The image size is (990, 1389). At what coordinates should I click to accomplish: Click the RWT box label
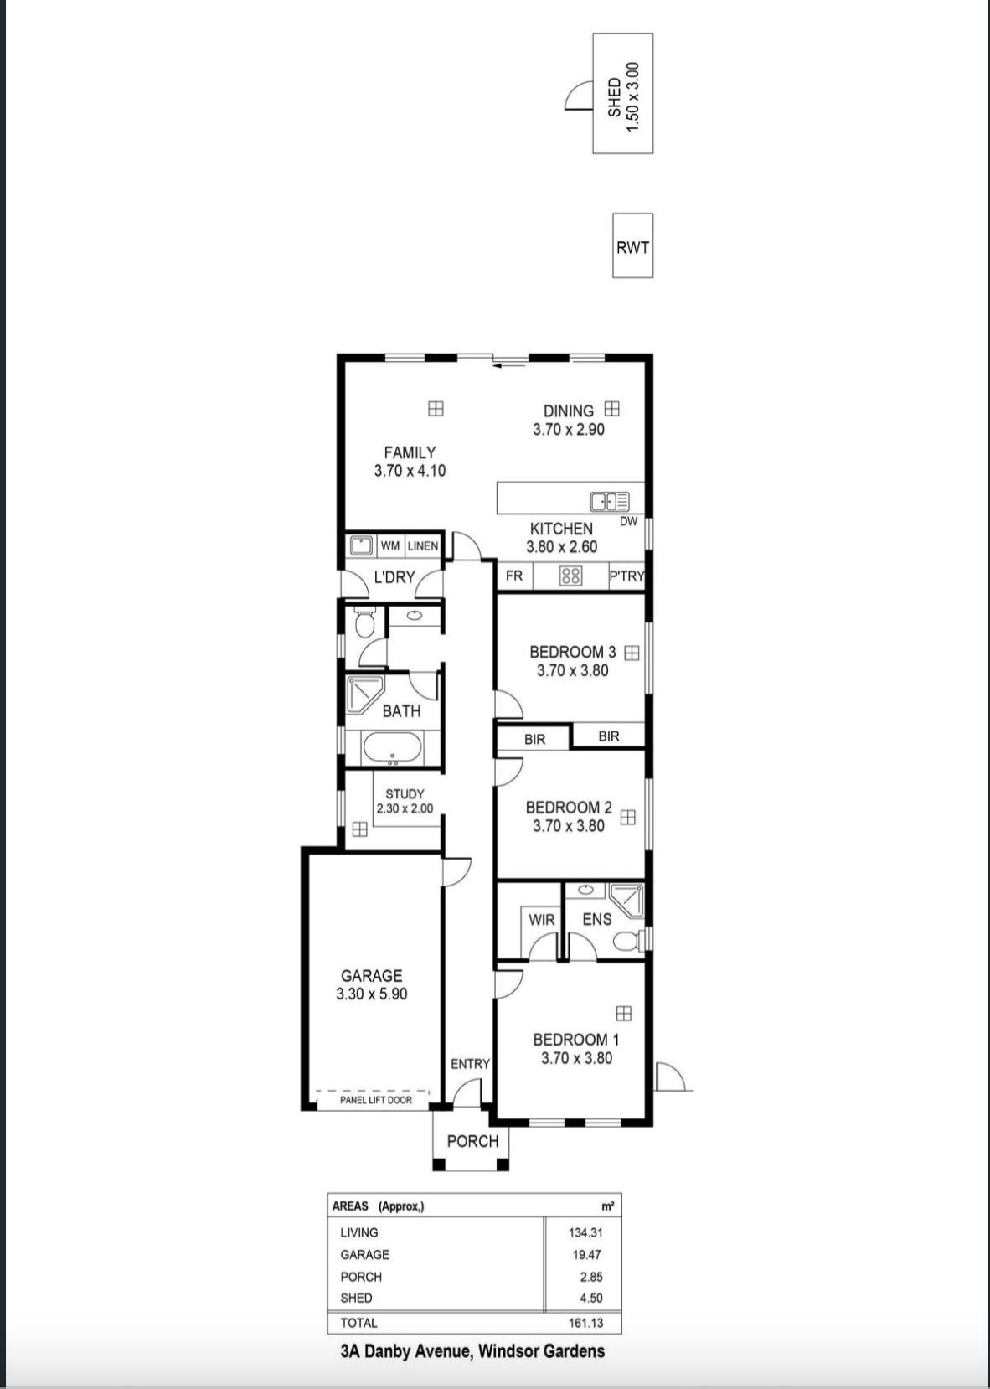tap(632, 247)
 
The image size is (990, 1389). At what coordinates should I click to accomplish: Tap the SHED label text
tap(614, 97)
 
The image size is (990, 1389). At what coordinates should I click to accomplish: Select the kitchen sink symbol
tap(610, 501)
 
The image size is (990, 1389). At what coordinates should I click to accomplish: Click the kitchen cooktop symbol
tap(570, 576)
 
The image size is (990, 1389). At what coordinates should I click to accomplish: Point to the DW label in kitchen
tap(628, 521)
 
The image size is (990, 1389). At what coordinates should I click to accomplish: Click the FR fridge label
tap(514, 576)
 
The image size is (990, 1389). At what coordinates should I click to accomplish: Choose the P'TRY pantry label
tap(626, 576)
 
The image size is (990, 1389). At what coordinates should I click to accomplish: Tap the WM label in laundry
tap(390, 545)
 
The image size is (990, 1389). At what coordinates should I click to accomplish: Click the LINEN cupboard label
tap(423, 545)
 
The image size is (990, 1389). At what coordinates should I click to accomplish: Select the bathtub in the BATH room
tap(393, 749)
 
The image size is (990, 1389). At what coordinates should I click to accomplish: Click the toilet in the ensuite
tap(626, 942)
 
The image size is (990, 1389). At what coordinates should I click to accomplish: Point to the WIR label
tap(542, 920)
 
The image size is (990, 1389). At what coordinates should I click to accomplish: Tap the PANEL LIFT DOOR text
tap(376, 1100)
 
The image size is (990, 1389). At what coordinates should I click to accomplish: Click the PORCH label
tap(472, 1141)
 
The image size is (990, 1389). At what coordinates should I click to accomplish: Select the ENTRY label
tap(470, 1064)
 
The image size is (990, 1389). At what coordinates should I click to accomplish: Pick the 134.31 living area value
tap(585, 1232)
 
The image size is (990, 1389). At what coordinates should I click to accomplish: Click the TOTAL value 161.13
tap(585, 1323)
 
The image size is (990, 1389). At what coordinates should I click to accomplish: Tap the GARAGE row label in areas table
tap(364, 1255)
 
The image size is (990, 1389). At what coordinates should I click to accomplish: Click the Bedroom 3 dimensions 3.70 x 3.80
tap(572, 670)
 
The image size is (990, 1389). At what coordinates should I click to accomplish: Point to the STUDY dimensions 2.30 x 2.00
tap(405, 808)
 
